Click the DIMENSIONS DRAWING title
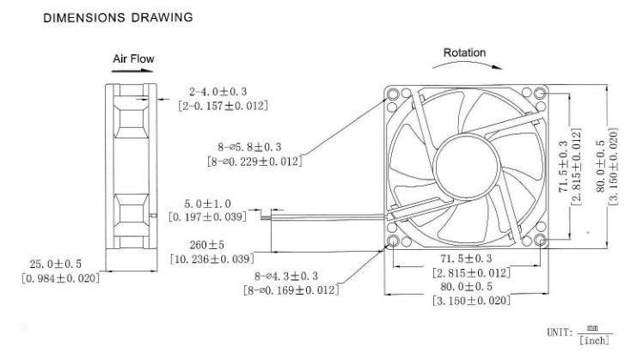[x=118, y=17]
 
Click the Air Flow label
[x=133, y=58]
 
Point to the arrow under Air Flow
[x=132, y=71]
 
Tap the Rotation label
[x=464, y=52]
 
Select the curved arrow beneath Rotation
[x=467, y=63]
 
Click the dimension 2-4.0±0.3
[x=217, y=91]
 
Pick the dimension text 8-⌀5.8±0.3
[x=249, y=147]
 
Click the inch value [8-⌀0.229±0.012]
[x=254, y=162]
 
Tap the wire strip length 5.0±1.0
[x=207, y=204]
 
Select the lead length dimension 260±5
[x=207, y=245]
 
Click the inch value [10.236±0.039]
[x=211, y=259]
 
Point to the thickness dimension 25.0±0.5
[x=55, y=265]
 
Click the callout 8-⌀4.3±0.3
[x=286, y=277]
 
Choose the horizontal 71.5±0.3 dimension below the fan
[x=466, y=259]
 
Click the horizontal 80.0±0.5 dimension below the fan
[x=467, y=286]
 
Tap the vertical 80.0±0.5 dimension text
[x=601, y=167]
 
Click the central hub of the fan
[x=467, y=167]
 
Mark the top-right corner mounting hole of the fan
[x=540, y=94]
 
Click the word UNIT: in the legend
[x=560, y=333]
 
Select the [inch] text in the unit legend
[x=594, y=340]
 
